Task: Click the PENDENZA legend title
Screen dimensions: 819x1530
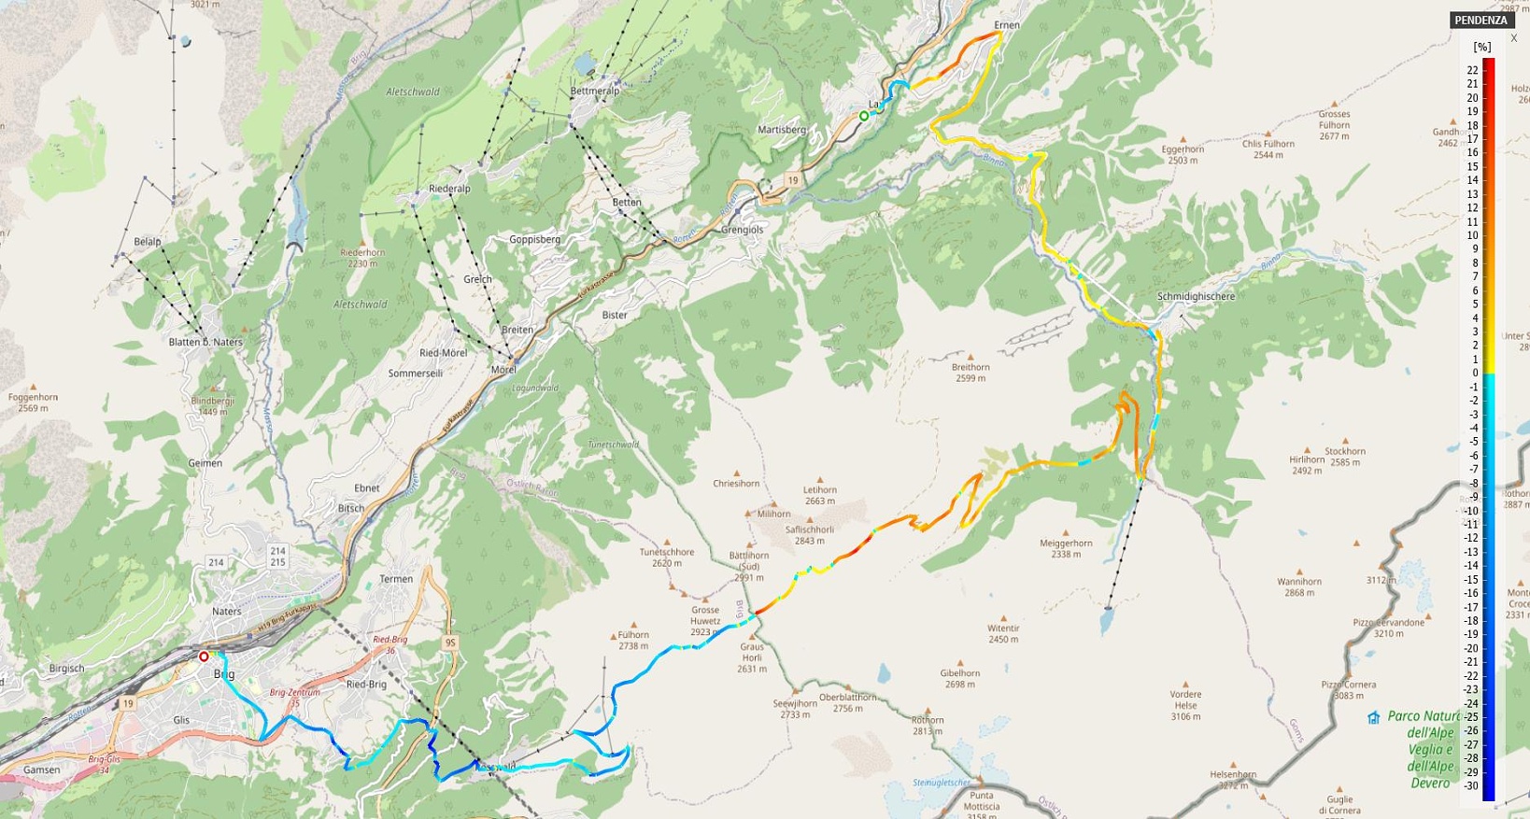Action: pos(1480,21)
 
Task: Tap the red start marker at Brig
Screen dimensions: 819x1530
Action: pos(204,657)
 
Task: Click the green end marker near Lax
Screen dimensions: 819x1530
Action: pos(864,116)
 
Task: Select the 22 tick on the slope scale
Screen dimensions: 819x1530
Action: pos(1472,70)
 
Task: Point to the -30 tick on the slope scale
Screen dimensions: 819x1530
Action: pos(1471,786)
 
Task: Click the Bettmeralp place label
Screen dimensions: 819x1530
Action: pos(594,91)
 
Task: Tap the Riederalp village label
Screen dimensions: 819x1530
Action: pos(449,189)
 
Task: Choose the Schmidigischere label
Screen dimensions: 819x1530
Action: pos(1196,297)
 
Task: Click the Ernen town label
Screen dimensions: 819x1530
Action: pos(1007,25)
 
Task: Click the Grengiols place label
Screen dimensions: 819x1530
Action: pos(742,230)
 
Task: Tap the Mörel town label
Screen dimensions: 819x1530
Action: pos(503,370)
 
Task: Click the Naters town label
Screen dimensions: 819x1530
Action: pos(226,612)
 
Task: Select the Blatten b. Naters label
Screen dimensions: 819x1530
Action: pos(205,342)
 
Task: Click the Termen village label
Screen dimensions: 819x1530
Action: pos(396,579)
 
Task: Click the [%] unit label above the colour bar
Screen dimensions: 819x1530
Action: pos(1481,47)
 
